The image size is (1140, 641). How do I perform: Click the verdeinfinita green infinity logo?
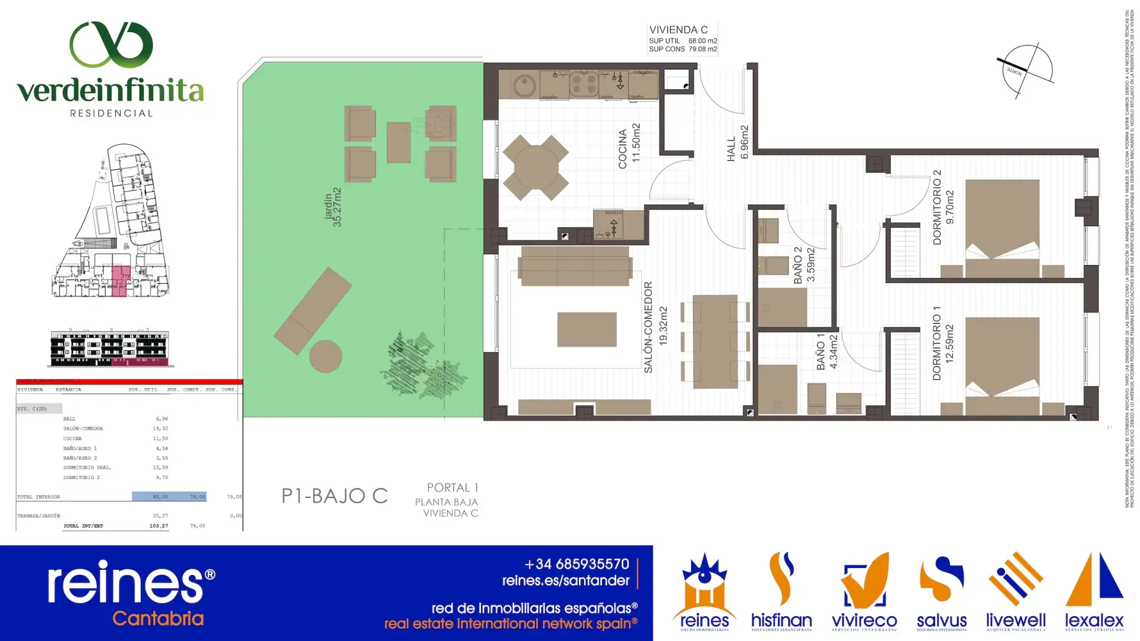[x=111, y=45]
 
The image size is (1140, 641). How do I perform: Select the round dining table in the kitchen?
[x=536, y=167]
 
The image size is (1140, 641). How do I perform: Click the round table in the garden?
[x=325, y=356]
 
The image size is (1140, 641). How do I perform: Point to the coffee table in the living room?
[x=587, y=329]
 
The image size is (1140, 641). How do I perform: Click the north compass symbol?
[x=1025, y=70]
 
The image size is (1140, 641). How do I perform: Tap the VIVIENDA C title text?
[x=678, y=30]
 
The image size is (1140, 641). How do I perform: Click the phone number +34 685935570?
[x=577, y=564]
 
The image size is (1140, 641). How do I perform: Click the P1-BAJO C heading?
[x=334, y=496]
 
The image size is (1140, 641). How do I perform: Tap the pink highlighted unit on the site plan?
[x=120, y=281]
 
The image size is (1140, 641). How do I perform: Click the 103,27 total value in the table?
[x=159, y=526]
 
